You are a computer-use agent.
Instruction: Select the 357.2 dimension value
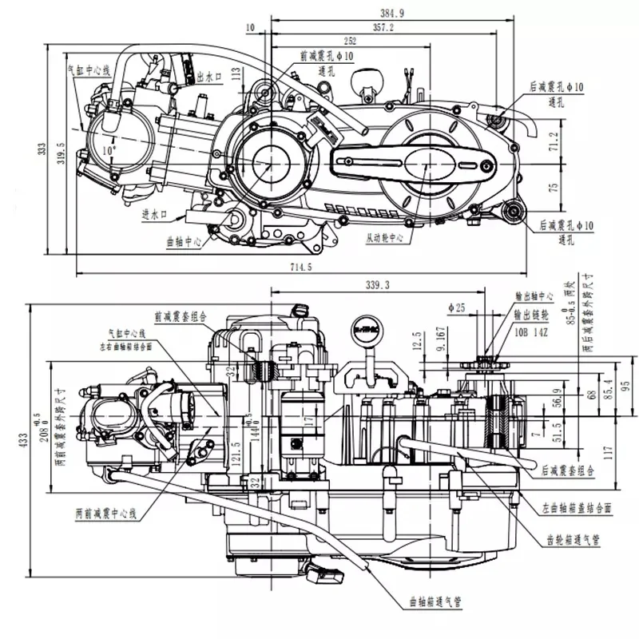(x=384, y=27)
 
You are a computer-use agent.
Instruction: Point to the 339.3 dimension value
(x=376, y=284)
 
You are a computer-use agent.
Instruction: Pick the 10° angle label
(x=108, y=149)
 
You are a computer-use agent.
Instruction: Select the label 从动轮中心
(x=389, y=238)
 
